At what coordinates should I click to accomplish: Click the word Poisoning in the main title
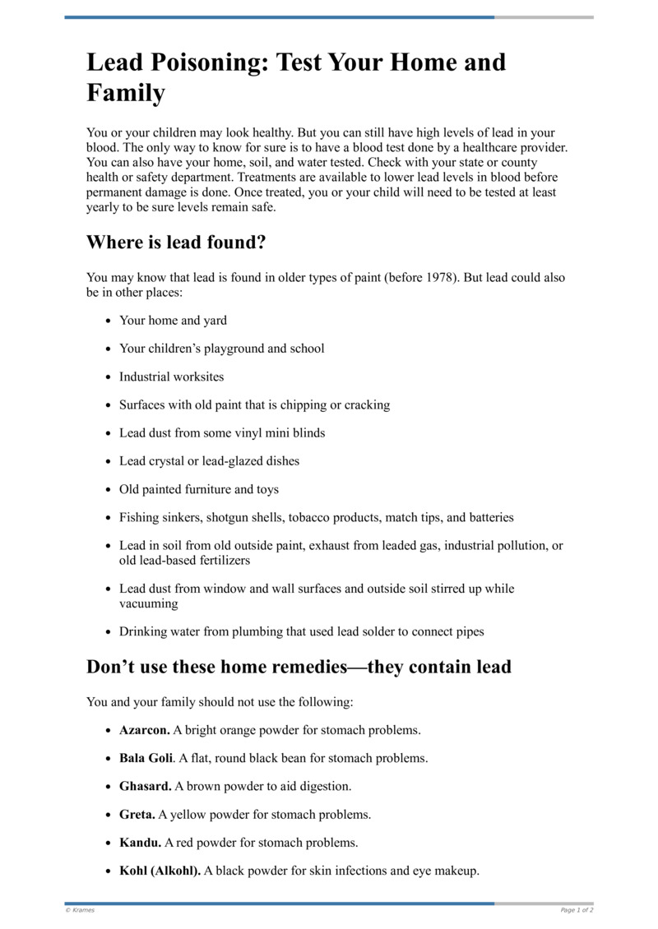click(x=202, y=62)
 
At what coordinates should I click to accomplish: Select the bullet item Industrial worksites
click(x=171, y=377)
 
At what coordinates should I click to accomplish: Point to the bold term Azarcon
click(x=145, y=730)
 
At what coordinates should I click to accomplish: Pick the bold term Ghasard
click(x=145, y=786)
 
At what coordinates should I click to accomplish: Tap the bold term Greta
click(x=137, y=815)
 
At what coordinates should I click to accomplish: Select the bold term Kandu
click(x=140, y=843)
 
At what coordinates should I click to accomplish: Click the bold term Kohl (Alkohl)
click(x=160, y=871)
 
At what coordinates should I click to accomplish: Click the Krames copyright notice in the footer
click(x=80, y=910)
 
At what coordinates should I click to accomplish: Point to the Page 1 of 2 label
click(x=577, y=910)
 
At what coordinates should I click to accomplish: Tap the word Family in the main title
click(x=126, y=93)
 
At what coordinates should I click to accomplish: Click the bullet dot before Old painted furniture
click(x=108, y=490)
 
